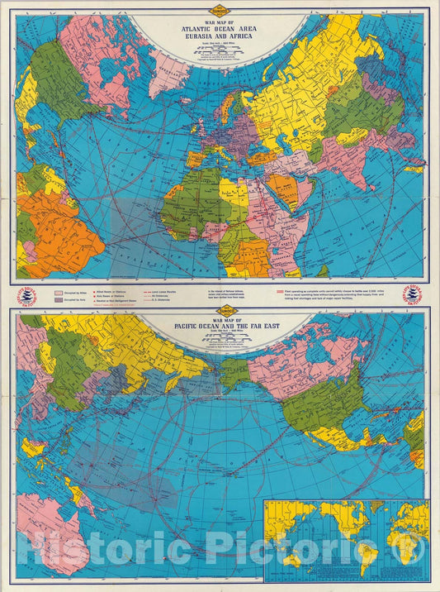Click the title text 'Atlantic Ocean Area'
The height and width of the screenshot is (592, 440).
[x=220, y=26]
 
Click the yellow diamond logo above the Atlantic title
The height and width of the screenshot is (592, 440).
[x=220, y=12]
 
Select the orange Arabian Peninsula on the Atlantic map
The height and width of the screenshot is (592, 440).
[x=284, y=187]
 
